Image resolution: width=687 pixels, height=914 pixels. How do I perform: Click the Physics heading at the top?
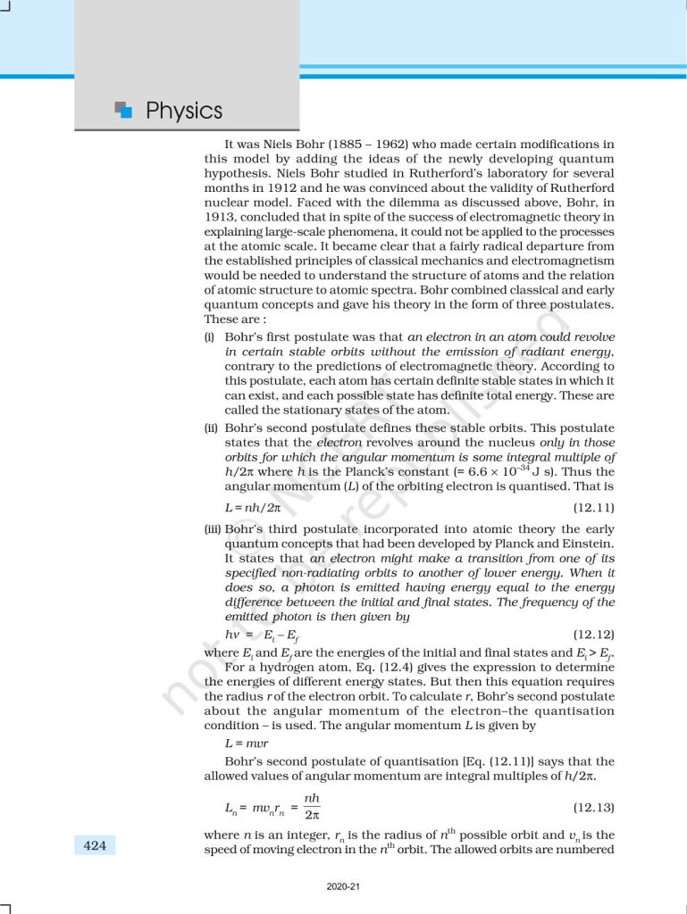click(183, 111)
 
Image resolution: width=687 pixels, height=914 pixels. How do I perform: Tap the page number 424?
click(94, 844)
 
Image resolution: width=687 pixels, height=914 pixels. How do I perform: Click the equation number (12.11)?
click(592, 508)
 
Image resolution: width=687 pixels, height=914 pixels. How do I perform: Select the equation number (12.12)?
click(592, 635)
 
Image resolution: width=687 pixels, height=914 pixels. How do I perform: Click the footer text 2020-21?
click(343, 887)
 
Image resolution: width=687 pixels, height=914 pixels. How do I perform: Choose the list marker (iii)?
click(213, 528)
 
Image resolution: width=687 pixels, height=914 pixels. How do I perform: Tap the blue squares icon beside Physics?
click(123, 110)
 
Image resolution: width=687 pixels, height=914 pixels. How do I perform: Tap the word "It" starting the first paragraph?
click(231, 144)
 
